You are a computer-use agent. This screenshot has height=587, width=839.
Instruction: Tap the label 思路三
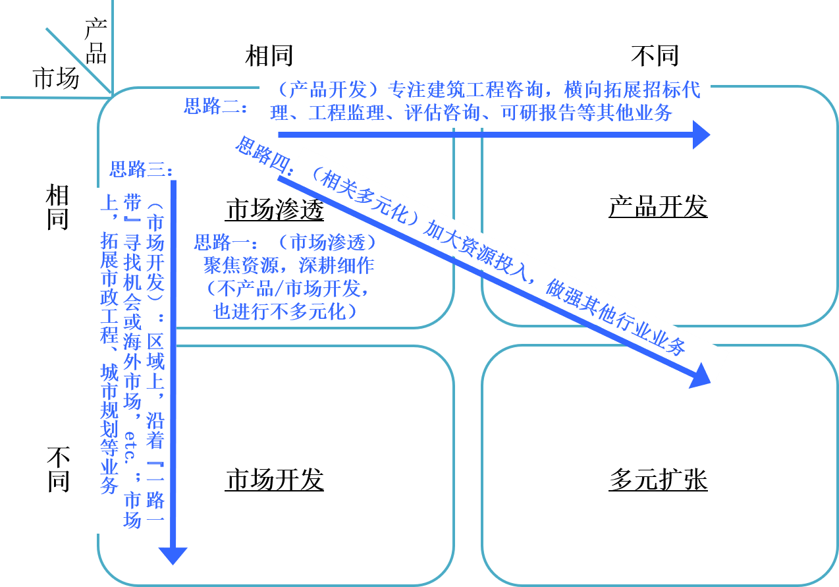tap(140, 170)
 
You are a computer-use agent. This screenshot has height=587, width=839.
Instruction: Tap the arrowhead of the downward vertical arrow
tap(173, 555)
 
